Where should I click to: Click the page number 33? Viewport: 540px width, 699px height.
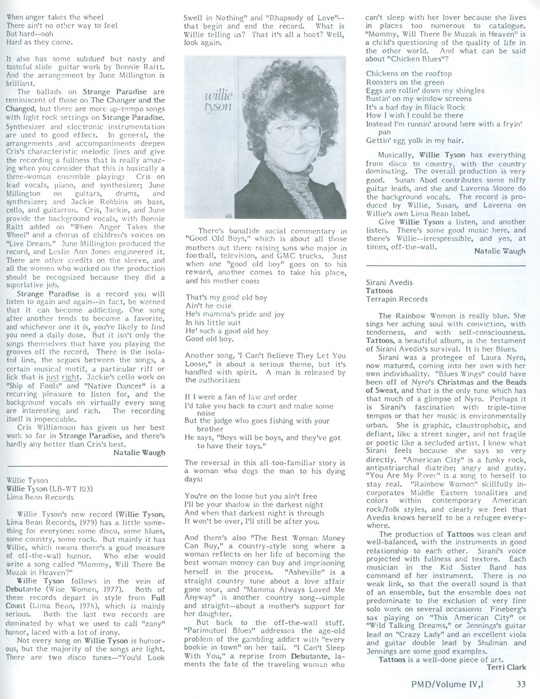(521, 682)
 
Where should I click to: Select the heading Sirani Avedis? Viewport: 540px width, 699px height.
(393, 282)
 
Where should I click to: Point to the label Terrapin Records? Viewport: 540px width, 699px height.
(396, 299)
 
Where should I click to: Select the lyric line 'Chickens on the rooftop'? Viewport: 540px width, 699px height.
(408, 74)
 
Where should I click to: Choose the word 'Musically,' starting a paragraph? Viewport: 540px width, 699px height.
(396, 154)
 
